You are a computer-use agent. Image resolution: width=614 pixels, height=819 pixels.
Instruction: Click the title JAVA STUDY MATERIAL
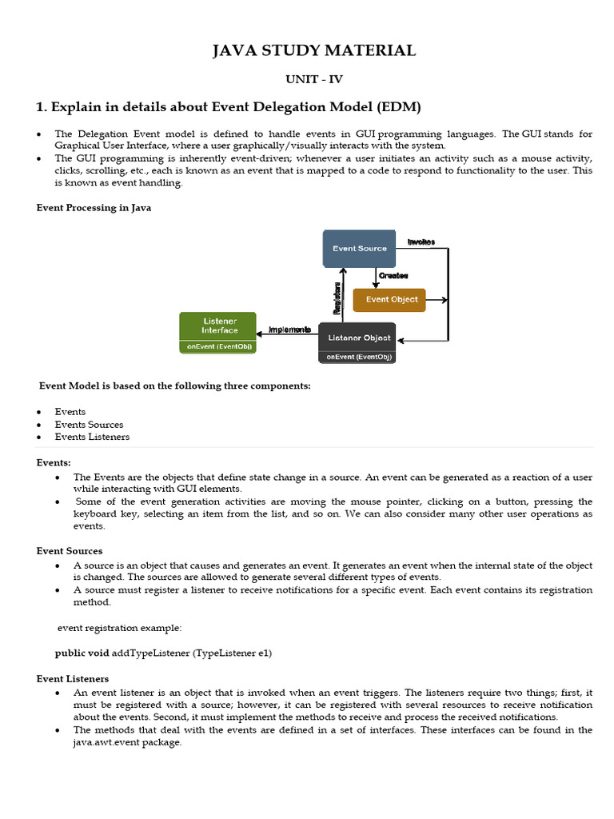click(x=314, y=51)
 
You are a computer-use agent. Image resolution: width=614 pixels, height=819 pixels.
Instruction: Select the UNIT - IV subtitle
click(x=314, y=79)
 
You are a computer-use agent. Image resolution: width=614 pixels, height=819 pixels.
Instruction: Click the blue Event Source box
click(x=359, y=249)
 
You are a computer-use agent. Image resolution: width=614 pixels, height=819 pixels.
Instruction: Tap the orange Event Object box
click(x=389, y=300)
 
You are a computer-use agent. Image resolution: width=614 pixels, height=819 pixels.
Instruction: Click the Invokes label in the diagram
click(x=421, y=242)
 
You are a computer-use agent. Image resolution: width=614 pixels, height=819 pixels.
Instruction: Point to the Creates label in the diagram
click(x=393, y=275)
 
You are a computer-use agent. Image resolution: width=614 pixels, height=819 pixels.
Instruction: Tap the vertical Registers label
click(x=337, y=297)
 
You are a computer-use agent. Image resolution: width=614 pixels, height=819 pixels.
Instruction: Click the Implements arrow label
click(x=289, y=330)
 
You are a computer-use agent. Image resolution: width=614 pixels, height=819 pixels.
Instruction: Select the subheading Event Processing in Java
click(x=94, y=208)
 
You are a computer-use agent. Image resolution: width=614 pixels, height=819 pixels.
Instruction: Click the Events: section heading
click(x=54, y=462)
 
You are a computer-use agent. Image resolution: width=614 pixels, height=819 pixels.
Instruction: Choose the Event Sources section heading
click(x=70, y=551)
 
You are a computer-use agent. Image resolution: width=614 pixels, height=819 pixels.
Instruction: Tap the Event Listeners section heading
click(x=73, y=678)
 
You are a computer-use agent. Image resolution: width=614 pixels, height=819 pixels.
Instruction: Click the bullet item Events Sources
click(x=89, y=425)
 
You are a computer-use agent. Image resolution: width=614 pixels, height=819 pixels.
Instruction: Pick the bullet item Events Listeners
click(x=92, y=437)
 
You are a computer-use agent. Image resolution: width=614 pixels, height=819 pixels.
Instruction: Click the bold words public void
click(x=82, y=653)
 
